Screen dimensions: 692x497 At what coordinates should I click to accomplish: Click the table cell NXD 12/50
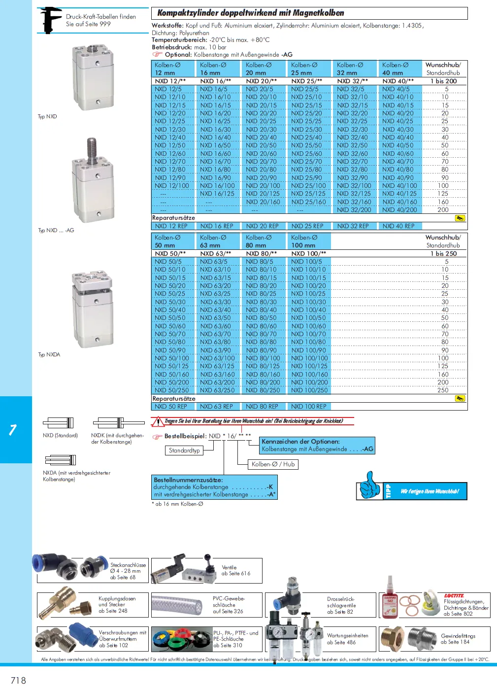tap(170, 145)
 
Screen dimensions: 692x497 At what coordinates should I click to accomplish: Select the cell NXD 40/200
tap(399, 210)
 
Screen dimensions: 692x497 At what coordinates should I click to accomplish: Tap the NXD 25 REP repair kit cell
tap(307, 226)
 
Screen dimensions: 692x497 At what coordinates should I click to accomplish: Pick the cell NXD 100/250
tap(309, 390)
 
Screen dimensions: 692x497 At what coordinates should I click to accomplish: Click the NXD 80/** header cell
tap(261, 253)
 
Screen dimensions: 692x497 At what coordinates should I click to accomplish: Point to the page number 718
tap(18, 680)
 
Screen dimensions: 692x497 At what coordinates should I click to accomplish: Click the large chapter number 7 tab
tap(13, 430)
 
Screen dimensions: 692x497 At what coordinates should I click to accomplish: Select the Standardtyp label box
tap(184, 450)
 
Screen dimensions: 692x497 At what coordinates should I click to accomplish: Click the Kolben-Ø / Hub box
tap(273, 464)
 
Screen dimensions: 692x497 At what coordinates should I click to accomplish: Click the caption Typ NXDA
tap(49, 354)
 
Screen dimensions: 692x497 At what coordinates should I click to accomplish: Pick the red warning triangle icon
tap(158, 421)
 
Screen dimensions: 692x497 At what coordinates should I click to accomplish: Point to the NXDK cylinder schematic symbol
tap(118, 423)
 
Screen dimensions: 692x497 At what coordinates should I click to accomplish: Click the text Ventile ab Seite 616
tap(236, 570)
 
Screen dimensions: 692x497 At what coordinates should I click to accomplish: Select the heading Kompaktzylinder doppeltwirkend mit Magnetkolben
tap(251, 13)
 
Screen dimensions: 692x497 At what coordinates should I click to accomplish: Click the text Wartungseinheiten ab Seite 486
tap(348, 639)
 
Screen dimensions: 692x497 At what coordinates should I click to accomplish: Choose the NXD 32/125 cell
tap(353, 194)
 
